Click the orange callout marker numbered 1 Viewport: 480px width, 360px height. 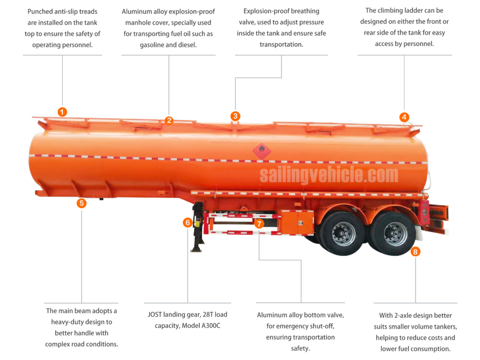pos(62,112)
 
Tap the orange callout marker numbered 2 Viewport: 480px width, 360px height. pos(169,120)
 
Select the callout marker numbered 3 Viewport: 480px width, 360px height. pos(235,116)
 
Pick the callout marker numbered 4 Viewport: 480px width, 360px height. pos(404,117)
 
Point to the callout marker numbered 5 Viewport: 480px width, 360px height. pos(82,203)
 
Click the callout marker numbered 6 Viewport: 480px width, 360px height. pos(187,223)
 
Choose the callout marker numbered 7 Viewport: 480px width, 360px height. pos(259,224)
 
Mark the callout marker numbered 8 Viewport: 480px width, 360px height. pos(415,252)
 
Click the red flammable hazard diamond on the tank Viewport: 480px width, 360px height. pos(262,151)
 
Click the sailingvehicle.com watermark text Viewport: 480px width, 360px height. pos(329,175)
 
